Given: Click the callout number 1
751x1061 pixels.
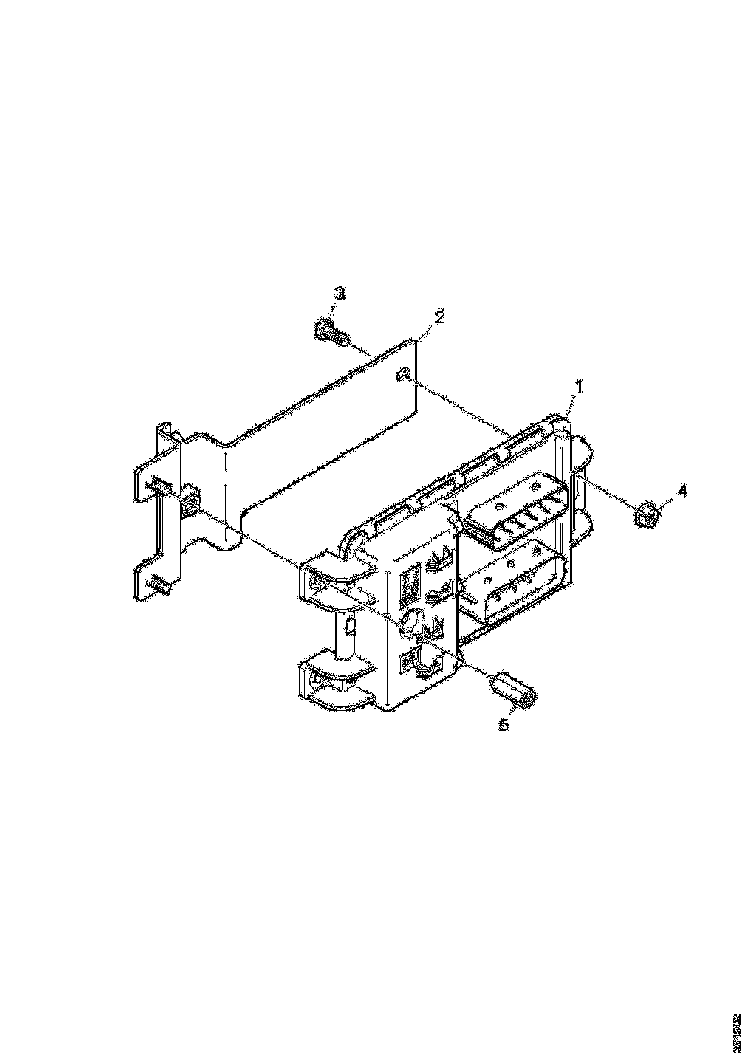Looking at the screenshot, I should coord(578,385).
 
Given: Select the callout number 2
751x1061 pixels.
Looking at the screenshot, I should coord(439,316).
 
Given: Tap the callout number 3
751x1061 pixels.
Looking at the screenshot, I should coord(340,292).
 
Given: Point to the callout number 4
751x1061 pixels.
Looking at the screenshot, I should coord(681,491).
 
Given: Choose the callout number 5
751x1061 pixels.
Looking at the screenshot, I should coord(503,725).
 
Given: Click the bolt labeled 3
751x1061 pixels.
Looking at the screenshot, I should coord(329,334).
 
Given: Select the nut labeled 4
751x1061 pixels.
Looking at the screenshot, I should coord(647,515).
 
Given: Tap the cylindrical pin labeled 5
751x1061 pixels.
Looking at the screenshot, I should coord(514,690).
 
